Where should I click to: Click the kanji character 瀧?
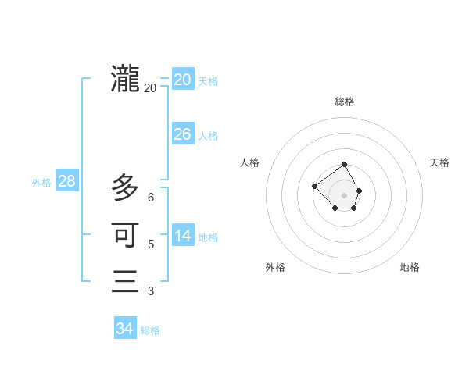[125, 78]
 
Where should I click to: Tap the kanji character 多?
[125, 187]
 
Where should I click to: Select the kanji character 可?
[125, 234]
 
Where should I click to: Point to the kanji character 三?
[125, 281]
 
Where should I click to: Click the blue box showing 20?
[182, 80]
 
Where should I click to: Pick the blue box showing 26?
[182, 134]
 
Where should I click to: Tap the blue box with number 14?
[182, 236]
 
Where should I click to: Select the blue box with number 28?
[66, 181]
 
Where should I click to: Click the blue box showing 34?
[124, 329]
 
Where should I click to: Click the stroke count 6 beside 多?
[151, 198]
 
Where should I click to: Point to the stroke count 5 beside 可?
[151, 244]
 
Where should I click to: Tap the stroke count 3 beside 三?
[151, 291]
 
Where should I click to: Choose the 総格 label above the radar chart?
[345, 102]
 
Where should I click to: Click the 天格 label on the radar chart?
[439, 162]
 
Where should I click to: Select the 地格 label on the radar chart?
[410, 267]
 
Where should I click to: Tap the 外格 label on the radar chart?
[275, 267]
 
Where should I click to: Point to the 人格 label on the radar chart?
[250, 162]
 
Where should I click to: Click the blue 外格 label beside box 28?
[41, 183]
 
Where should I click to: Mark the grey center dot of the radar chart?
[345, 194]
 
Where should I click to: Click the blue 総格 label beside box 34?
[150, 330]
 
